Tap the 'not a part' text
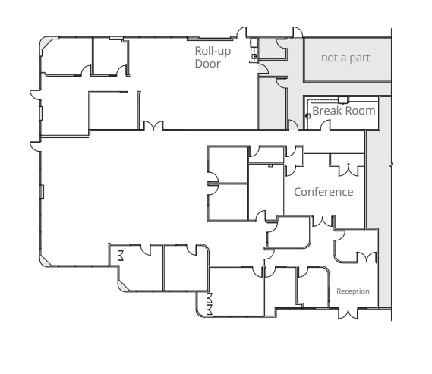click(345, 58)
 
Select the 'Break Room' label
click(344, 111)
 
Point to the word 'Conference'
click(323, 192)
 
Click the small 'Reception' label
click(353, 291)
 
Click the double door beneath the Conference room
click(323, 222)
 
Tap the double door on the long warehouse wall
click(153, 126)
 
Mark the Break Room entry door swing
click(292, 125)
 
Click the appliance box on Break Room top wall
click(343, 99)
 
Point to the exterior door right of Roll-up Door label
click(243, 33)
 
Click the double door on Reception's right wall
click(371, 256)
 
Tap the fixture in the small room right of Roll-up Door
click(255, 55)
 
